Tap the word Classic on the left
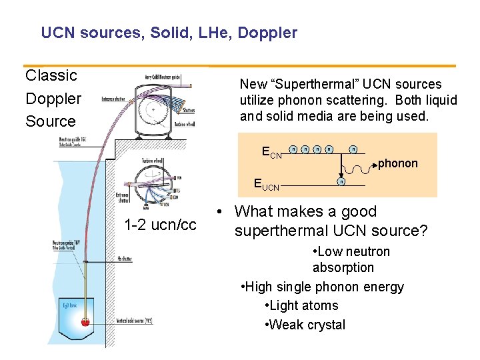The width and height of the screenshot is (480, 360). [51, 75]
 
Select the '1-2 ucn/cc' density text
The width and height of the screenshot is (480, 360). [160, 225]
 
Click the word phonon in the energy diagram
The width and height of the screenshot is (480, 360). [398, 163]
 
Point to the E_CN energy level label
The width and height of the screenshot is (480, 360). [272, 155]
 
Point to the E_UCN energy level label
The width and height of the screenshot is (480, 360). [267, 185]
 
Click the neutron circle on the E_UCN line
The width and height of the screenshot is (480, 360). [341, 182]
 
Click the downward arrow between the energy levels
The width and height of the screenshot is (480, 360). [341, 167]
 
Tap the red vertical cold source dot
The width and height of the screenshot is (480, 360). [85, 323]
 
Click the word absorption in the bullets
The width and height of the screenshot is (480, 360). [343, 267]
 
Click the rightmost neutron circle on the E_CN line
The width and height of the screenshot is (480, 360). [353, 149]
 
